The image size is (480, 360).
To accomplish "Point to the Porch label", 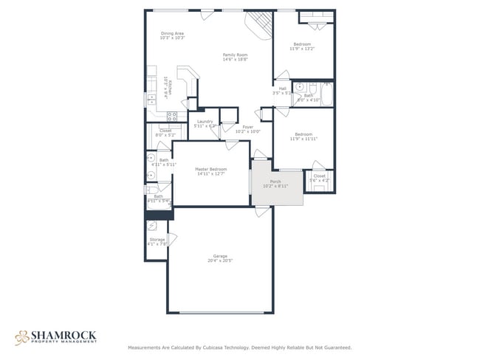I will coord(275,183).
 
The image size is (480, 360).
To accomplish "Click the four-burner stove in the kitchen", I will coord(172,116).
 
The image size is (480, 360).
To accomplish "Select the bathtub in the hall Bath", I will coord(326,94).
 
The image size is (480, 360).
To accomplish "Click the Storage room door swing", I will coord(171,239).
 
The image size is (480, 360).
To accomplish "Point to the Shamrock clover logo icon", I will coord(21,336).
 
